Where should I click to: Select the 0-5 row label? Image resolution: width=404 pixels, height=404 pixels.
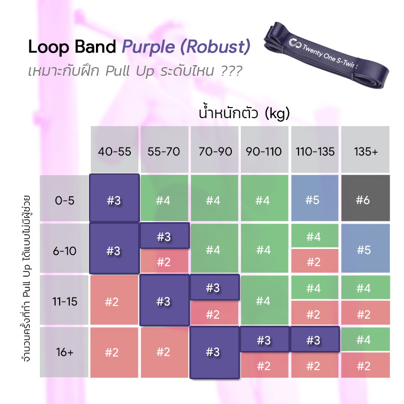64,200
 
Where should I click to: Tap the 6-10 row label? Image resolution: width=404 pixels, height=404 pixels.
64,250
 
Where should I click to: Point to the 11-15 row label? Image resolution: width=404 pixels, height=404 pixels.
64,301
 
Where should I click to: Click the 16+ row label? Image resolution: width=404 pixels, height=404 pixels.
64,352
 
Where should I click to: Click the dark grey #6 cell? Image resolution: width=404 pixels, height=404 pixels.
363,200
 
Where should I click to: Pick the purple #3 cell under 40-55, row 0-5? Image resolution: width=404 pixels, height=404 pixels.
114,199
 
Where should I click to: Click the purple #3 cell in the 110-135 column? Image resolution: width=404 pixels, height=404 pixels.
313,339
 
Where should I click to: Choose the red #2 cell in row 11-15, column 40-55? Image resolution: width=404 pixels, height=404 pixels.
114,301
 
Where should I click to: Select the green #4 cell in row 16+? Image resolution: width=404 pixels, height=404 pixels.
363,339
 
